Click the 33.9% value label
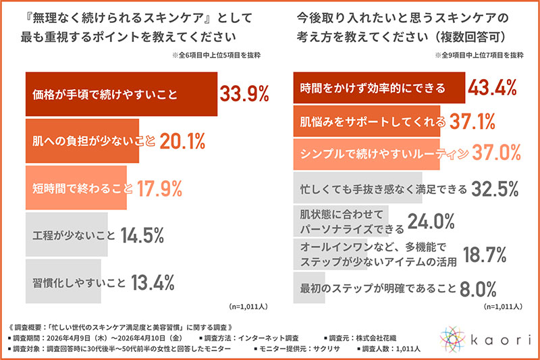coord(244,94)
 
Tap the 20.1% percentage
coord(182,141)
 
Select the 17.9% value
coord(159,189)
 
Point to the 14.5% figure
coord(142,236)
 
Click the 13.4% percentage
coord(153,283)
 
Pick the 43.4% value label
coord(493,88)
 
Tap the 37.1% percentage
coord(472,122)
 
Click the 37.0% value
coord(496,153)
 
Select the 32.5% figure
coord(495,189)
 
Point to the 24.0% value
coord(431,222)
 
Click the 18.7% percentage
coord(485,255)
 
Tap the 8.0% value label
coord(478,289)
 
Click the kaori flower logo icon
coord(452,339)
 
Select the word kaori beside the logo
coord(501,340)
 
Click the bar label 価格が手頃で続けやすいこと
coord(105,95)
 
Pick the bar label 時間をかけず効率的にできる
coord(373,88)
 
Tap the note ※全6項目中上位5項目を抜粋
coord(216,55)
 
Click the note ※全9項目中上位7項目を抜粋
coord(479,55)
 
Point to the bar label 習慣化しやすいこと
coord(79,283)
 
